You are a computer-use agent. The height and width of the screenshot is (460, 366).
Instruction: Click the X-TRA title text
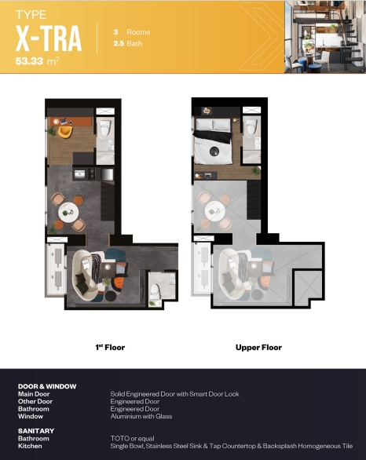[x=49, y=38]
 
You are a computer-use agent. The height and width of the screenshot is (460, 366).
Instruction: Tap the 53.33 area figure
[x=29, y=61]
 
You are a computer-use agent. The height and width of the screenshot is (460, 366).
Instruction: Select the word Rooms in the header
[x=138, y=32]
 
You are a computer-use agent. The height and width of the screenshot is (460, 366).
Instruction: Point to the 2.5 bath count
[x=119, y=43]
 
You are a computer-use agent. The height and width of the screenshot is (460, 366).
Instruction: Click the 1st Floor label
[x=110, y=347]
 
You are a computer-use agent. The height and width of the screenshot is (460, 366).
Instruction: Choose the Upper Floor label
[x=258, y=347]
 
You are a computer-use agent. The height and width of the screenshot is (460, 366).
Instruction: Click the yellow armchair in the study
[x=65, y=132]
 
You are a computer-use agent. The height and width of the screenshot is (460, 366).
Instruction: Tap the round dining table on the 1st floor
[x=68, y=212]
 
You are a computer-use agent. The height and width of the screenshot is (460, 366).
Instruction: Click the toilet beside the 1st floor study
[x=105, y=128]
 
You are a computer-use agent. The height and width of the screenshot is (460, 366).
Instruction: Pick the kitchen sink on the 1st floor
[x=79, y=174]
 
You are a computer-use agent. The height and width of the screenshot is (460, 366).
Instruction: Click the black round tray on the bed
[x=214, y=152]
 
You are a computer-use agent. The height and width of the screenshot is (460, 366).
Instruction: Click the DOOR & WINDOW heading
[x=47, y=386]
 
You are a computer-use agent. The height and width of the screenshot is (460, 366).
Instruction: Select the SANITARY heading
[x=36, y=431]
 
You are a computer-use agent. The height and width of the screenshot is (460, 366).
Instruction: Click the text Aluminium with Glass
[x=141, y=416]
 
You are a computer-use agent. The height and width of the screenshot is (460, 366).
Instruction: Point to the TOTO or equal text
[x=133, y=439]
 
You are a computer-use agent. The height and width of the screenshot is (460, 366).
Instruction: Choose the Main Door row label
[x=34, y=394]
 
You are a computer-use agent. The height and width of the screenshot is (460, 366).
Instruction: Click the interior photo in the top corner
[x=325, y=37]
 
